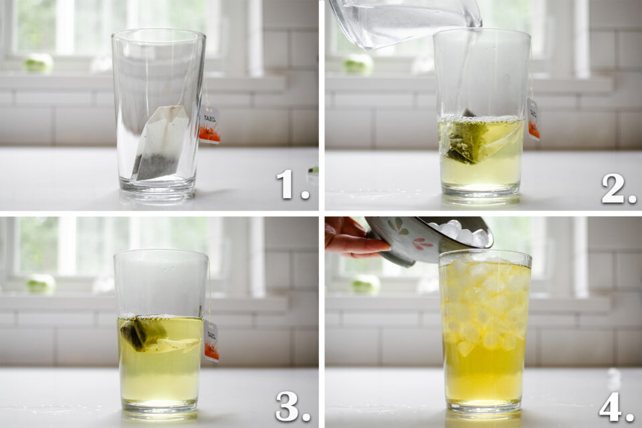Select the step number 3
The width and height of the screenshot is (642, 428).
(x=292, y=406)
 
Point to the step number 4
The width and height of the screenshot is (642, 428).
(x=615, y=406)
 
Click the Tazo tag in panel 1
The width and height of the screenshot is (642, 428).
(x=210, y=125)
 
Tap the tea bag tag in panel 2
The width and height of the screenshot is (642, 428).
(x=533, y=120)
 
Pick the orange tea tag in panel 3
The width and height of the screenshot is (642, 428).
(x=211, y=341)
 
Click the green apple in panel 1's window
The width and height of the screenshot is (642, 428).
(x=38, y=63)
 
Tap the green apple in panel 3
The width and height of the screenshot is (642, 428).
(x=40, y=283)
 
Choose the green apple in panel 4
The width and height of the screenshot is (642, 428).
(x=364, y=284)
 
